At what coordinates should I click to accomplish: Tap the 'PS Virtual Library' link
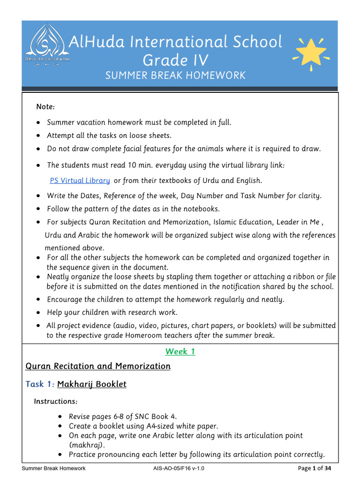coord(80,180)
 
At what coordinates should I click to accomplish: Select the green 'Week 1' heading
coord(180,352)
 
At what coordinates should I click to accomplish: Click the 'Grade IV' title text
coord(175,60)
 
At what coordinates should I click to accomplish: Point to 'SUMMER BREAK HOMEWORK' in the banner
coord(175,75)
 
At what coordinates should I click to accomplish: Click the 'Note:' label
coord(45,107)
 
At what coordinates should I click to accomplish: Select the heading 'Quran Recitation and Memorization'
coord(97,366)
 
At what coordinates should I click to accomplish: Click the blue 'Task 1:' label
coord(40,384)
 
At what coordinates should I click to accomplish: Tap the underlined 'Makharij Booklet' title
coord(92,384)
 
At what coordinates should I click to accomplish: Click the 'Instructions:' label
coord(55,402)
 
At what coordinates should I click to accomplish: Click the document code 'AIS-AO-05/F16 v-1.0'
coord(179,468)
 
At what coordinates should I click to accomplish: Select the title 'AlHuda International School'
coord(175,42)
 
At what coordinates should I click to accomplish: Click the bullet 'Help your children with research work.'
coord(112,312)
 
